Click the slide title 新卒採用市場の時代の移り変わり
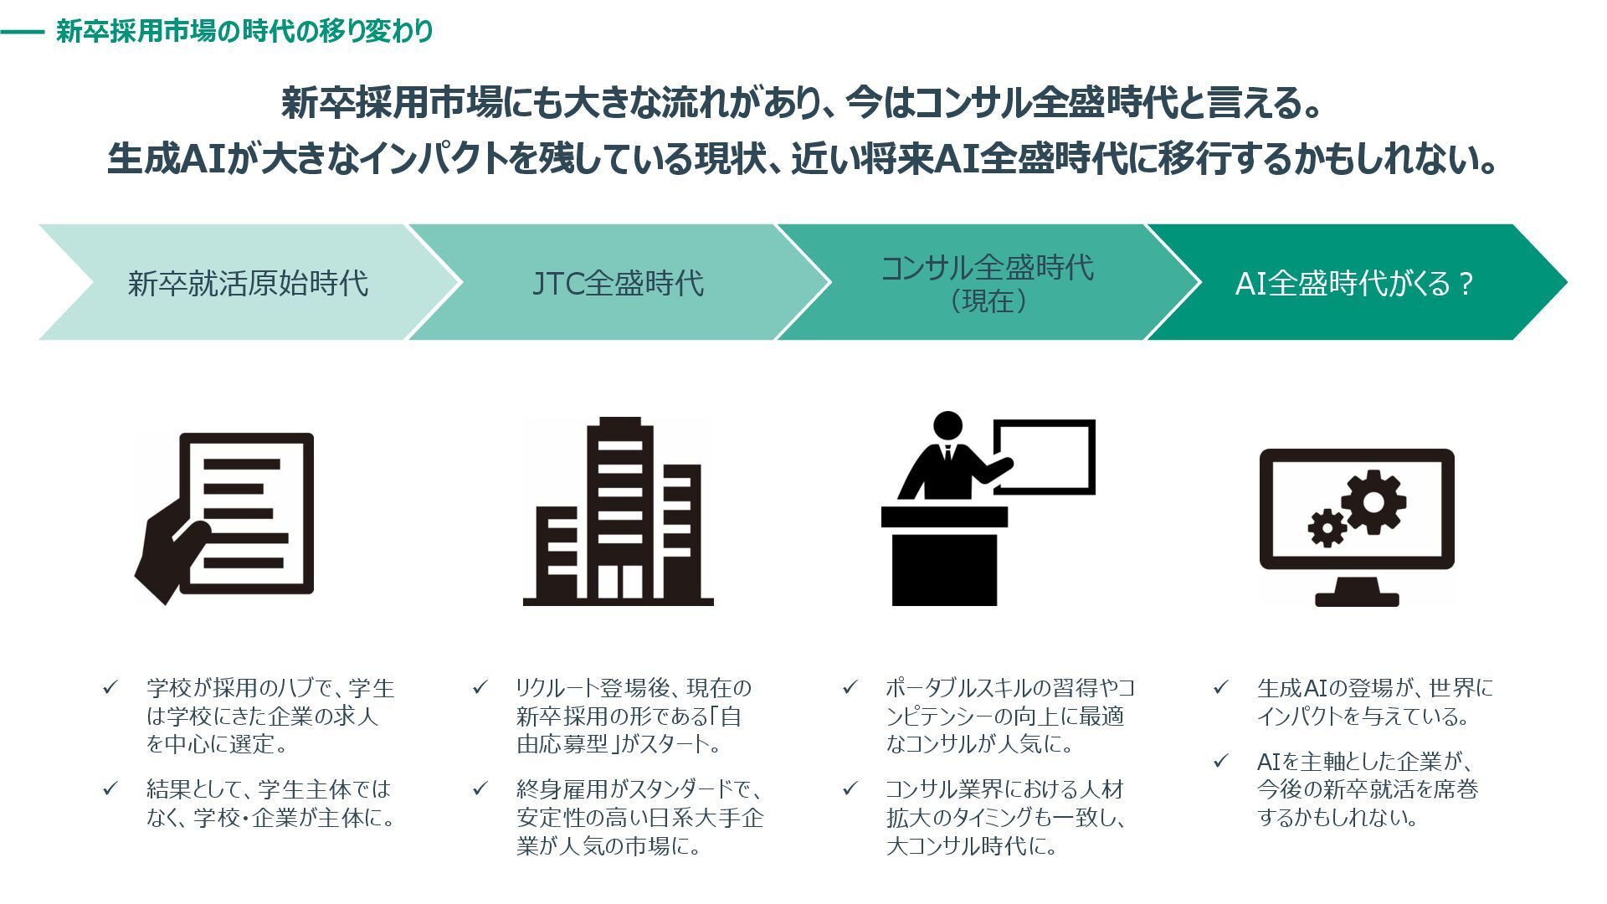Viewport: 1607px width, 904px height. point(244,32)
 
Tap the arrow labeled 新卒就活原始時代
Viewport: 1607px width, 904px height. point(248,283)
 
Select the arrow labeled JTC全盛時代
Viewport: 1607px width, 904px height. point(618,283)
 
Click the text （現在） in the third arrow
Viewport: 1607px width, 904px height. point(988,301)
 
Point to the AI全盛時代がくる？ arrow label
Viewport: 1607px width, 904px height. point(1353,284)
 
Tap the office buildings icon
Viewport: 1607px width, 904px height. point(618,512)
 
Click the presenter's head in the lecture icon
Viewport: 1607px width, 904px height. point(947,425)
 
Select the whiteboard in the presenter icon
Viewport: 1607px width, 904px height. point(1045,457)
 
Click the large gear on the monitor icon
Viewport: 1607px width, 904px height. point(1373,502)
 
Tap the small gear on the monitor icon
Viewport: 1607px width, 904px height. point(1327,527)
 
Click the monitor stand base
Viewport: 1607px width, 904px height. point(1357,598)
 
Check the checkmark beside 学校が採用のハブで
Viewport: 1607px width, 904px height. point(110,688)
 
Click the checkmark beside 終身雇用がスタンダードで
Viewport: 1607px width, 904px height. point(480,788)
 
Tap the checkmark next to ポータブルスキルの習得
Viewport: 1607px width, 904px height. point(850,688)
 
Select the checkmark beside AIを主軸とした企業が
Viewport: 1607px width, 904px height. point(1221,761)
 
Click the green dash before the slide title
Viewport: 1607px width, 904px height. point(22,33)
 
